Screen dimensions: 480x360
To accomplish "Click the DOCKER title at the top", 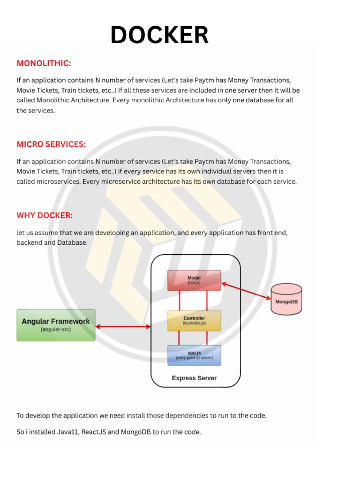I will pos(159,35).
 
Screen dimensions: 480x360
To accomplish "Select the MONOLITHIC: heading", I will pos(44,63).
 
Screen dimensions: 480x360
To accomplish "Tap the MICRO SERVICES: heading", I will pos(51,144).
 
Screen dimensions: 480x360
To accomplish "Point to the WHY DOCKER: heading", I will pos(45,216).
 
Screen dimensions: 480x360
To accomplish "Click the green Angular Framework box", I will pos(56,325).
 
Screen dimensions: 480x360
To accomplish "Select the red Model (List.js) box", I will pos(194,280).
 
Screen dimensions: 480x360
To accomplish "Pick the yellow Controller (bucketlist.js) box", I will pos(194,321).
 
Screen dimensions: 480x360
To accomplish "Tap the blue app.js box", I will pos(194,355).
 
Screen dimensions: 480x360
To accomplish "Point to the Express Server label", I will pos(194,378).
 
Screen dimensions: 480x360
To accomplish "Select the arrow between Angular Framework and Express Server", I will pos(123,326).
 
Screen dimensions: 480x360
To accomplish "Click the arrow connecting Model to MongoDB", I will pos(246,291).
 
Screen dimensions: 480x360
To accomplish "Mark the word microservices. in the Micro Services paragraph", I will pos(58,181).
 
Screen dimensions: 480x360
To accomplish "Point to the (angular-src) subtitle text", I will pos(56,330).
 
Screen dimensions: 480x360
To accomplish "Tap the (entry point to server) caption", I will pos(194,358).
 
